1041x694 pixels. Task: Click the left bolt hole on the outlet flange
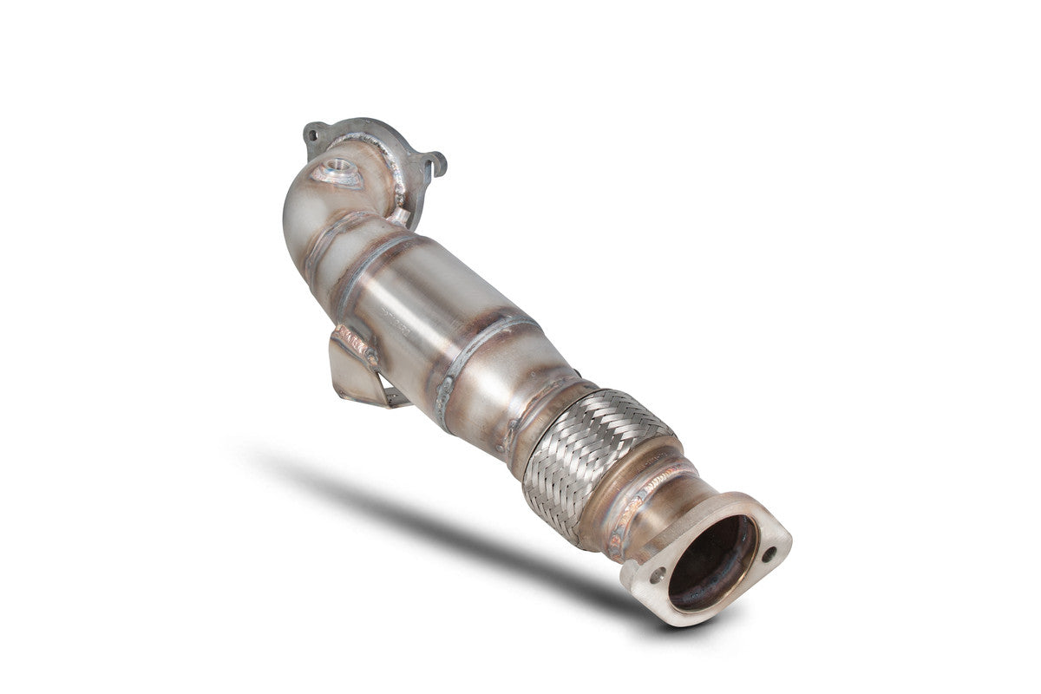[657, 573]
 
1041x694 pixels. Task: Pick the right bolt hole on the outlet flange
[769, 553]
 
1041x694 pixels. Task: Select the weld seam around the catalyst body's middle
[473, 356]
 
